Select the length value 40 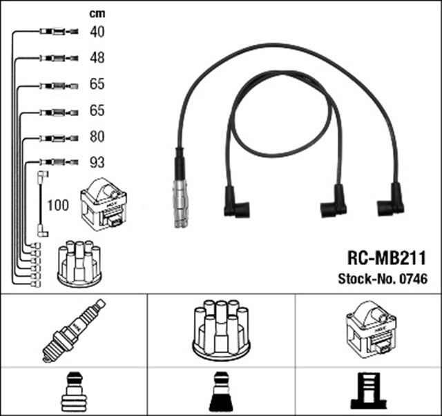[x=97, y=31]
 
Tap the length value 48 [x=97, y=58]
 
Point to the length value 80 [x=97, y=137]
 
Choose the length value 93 [x=97, y=163]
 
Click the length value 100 [x=59, y=205]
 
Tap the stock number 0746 [x=413, y=279]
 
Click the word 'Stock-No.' [x=367, y=279]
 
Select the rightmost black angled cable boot [x=392, y=201]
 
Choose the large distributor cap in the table [x=221, y=329]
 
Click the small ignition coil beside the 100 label [x=104, y=204]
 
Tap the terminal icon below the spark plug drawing [x=73, y=393]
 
